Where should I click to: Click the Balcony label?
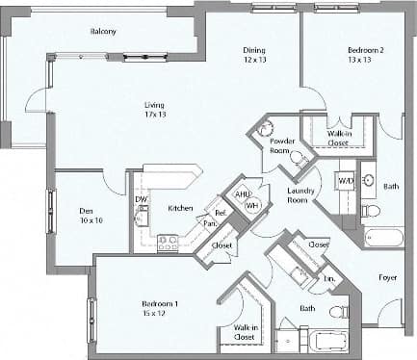coord(103,31)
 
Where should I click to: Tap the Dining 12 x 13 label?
coord(254,55)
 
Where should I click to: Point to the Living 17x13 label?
coord(154,110)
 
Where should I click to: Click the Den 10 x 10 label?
coord(91,216)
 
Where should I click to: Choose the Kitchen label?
coord(180,208)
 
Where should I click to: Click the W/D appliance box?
coord(345,180)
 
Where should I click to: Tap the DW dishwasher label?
coord(142,199)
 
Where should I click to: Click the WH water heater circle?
coord(252,205)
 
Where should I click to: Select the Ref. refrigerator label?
coord(221,212)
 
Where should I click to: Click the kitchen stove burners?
coord(168,243)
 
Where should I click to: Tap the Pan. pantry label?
coord(209,226)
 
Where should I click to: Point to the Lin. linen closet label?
coord(328,278)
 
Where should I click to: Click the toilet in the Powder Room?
coord(298,158)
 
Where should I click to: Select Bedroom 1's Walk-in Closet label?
coord(245,332)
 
